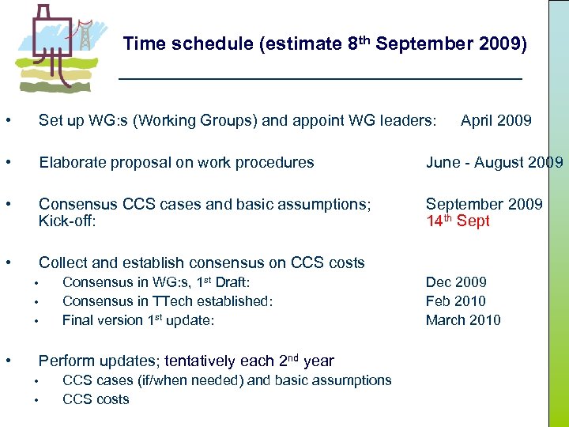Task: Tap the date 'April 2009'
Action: [x=496, y=121]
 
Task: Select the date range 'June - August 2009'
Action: [x=494, y=163]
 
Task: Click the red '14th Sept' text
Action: [x=458, y=221]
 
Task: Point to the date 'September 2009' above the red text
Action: [x=484, y=204]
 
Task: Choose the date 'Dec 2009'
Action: [x=456, y=282]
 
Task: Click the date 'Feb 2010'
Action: [x=455, y=301]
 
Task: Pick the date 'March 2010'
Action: [x=463, y=320]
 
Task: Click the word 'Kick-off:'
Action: [x=67, y=221]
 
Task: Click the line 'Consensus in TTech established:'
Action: [x=167, y=301]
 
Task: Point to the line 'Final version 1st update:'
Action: [x=138, y=320]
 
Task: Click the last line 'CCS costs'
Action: [x=95, y=399]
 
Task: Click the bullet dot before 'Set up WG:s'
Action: [x=7, y=121]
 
